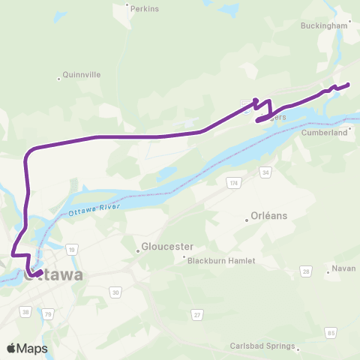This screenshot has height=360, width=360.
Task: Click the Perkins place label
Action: pyautogui.click(x=145, y=9)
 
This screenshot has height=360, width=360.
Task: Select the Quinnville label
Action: pyautogui.click(x=82, y=75)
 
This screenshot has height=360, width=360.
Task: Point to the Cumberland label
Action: pyautogui.click(x=326, y=132)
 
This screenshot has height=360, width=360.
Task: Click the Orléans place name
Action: pyautogui.click(x=270, y=215)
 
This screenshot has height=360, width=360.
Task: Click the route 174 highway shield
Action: pyautogui.click(x=235, y=184)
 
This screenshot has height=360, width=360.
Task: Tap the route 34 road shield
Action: pyautogui.click(x=265, y=173)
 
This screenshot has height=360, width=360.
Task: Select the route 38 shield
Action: pyautogui.click(x=26, y=311)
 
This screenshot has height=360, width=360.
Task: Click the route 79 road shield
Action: pyautogui.click(x=48, y=313)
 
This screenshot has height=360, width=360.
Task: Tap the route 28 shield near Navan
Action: pyautogui.click(x=306, y=270)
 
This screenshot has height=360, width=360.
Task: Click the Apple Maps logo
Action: pyautogui.click(x=27, y=349)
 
